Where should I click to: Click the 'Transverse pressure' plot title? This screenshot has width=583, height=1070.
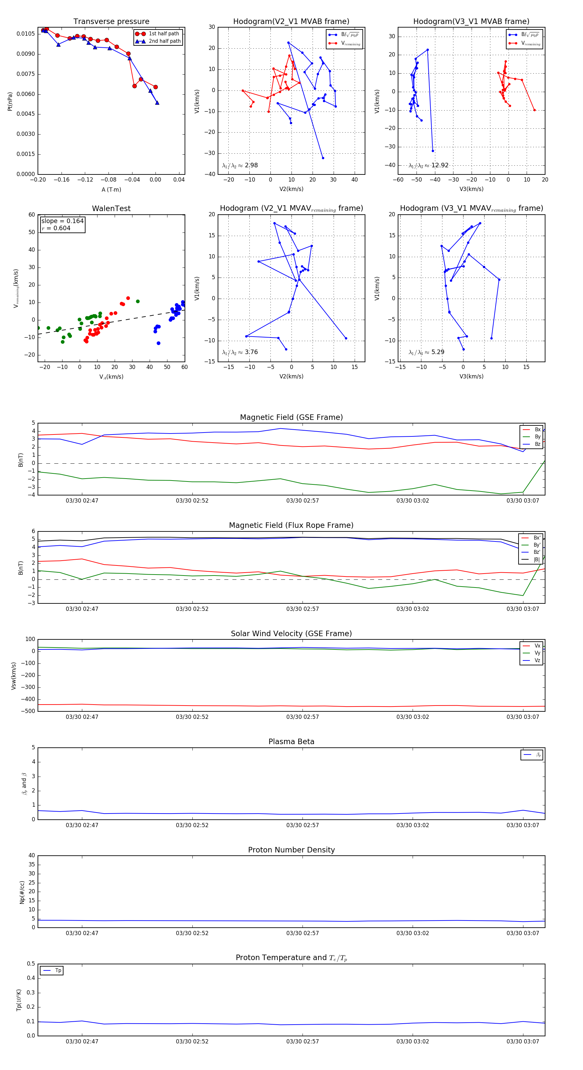[x=111, y=22]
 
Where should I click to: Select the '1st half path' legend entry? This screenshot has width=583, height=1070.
[x=164, y=34]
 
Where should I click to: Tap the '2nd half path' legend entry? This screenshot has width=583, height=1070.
[x=165, y=41]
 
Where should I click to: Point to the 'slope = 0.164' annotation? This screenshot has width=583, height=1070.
[x=62, y=221]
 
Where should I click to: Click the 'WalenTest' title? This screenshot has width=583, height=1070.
[x=111, y=208]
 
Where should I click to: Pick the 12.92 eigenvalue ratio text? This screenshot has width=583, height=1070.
[x=440, y=165]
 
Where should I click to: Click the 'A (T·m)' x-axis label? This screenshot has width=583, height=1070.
[x=111, y=189]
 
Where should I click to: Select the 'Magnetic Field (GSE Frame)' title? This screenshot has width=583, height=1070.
[x=291, y=417]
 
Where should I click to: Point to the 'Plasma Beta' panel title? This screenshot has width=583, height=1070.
[x=291, y=742]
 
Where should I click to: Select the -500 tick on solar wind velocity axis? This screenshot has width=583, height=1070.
[x=29, y=711]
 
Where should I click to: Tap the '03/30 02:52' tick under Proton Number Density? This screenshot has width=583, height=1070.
[x=192, y=933]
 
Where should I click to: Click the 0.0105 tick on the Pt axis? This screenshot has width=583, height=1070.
[x=26, y=34]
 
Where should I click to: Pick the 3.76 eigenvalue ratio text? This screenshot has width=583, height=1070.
[x=251, y=352]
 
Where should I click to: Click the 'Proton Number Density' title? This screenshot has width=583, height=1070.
[x=291, y=850]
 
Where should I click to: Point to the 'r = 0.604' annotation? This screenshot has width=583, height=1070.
[x=56, y=228]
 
